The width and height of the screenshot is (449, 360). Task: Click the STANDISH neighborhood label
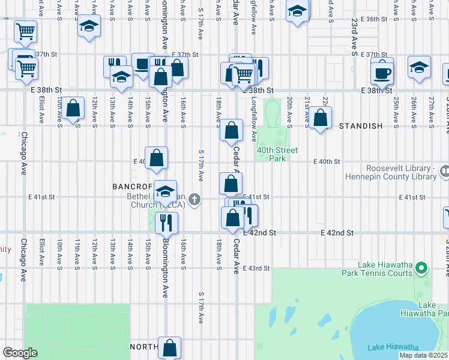(x=361, y=126)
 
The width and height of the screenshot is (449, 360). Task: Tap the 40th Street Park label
(x=278, y=154)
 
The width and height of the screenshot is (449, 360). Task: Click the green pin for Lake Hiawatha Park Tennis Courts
(x=423, y=268)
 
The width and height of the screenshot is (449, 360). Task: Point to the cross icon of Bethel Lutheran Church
(x=194, y=200)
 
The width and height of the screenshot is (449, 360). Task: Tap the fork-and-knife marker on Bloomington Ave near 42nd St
(x=166, y=222)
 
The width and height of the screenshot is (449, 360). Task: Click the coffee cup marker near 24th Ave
(x=382, y=73)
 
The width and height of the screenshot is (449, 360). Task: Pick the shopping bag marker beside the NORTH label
(x=170, y=348)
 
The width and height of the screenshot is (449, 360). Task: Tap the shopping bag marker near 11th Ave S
(x=73, y=109)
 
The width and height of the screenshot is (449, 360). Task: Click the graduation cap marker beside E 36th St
(x=297, y=12)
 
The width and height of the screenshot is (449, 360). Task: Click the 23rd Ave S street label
(x=355, y=45)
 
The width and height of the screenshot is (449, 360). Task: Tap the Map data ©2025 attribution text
(x=423, y=355)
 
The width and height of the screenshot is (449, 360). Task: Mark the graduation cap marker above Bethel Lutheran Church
(x=165, y=192)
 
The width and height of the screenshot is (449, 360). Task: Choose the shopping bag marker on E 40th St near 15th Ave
(x=156, y=158)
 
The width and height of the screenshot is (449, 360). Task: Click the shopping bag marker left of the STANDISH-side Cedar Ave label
(x=231, y=130)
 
